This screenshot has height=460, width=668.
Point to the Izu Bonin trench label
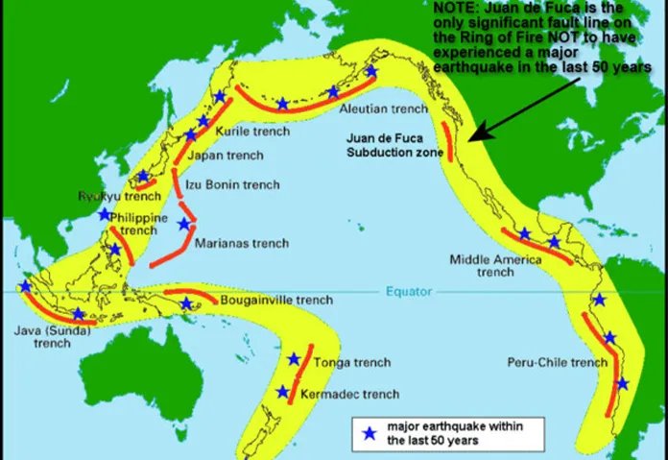234,184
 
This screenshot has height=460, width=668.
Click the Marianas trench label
241,243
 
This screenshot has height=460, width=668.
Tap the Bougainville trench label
276,301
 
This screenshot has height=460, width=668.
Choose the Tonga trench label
331,362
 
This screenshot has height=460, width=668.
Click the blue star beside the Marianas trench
183,224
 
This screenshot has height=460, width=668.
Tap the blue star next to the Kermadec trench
282,392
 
